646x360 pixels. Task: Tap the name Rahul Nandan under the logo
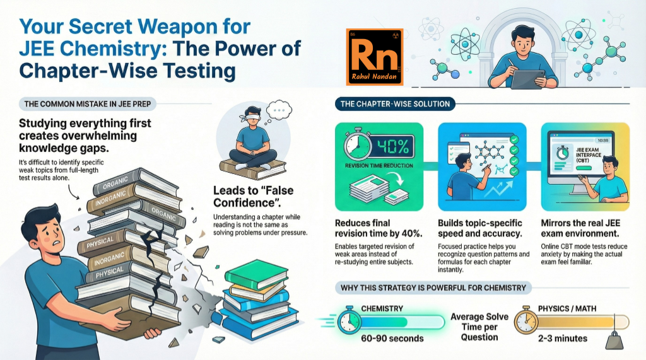point(373,81)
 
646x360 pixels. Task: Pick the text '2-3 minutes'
point(558,338)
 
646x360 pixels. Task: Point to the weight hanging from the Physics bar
point(614,340)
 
